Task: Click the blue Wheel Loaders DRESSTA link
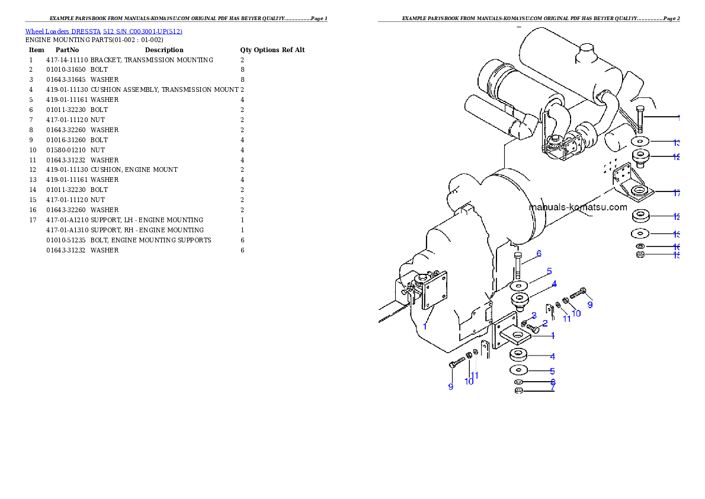[104, 31]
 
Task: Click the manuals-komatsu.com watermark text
[578, 207]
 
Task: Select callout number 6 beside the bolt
[539, 254]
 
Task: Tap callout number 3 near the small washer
[534, 315]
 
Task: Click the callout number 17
[677, 193]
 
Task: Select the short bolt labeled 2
[533, 327]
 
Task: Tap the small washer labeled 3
[524, 322]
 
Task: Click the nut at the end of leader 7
[518, 391]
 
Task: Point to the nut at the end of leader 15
[640, 255]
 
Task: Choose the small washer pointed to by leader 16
[640, 246]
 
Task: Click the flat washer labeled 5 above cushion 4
[520, 286]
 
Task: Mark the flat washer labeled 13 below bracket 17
[640, 233]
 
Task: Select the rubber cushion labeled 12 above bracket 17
[640, 157]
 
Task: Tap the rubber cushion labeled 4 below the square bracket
[520, 356]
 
